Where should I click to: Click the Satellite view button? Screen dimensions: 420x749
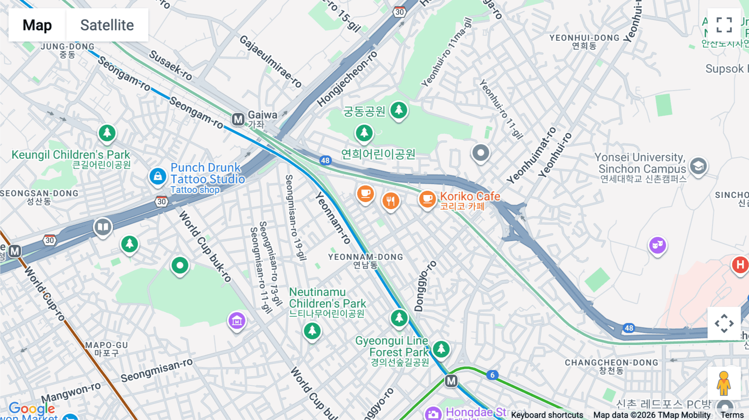click(107, 25)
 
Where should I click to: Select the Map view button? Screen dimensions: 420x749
click(37, 25)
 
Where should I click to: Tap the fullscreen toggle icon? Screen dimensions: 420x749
click(724, 25)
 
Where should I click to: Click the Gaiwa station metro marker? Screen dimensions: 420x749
click(238, 119)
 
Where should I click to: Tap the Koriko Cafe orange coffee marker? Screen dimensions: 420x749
click(427, 198)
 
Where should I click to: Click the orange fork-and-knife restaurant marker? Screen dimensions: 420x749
click(390, 201)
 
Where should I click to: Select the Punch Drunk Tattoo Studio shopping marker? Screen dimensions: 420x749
click(158, 176)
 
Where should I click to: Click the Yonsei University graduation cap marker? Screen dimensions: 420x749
click(698, 166)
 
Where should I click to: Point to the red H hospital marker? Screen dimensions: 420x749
click(740, 264)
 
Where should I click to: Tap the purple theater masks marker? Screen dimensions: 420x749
click(657, 245)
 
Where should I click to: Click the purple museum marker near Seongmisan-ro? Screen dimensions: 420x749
click(237, 321)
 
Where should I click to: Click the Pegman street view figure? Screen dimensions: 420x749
click(724, 383)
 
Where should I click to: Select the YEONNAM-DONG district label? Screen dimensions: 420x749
click(365, 257)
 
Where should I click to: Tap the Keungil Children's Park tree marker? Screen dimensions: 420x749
click(107, 133)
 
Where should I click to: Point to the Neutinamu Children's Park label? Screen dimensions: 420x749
click(327, 298)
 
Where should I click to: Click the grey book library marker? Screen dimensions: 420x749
click(103, 227)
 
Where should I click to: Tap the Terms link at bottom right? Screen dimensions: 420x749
click(732, 415)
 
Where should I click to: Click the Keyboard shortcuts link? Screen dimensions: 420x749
click(547, 415)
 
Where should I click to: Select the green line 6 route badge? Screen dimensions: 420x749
click(492, 375)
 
